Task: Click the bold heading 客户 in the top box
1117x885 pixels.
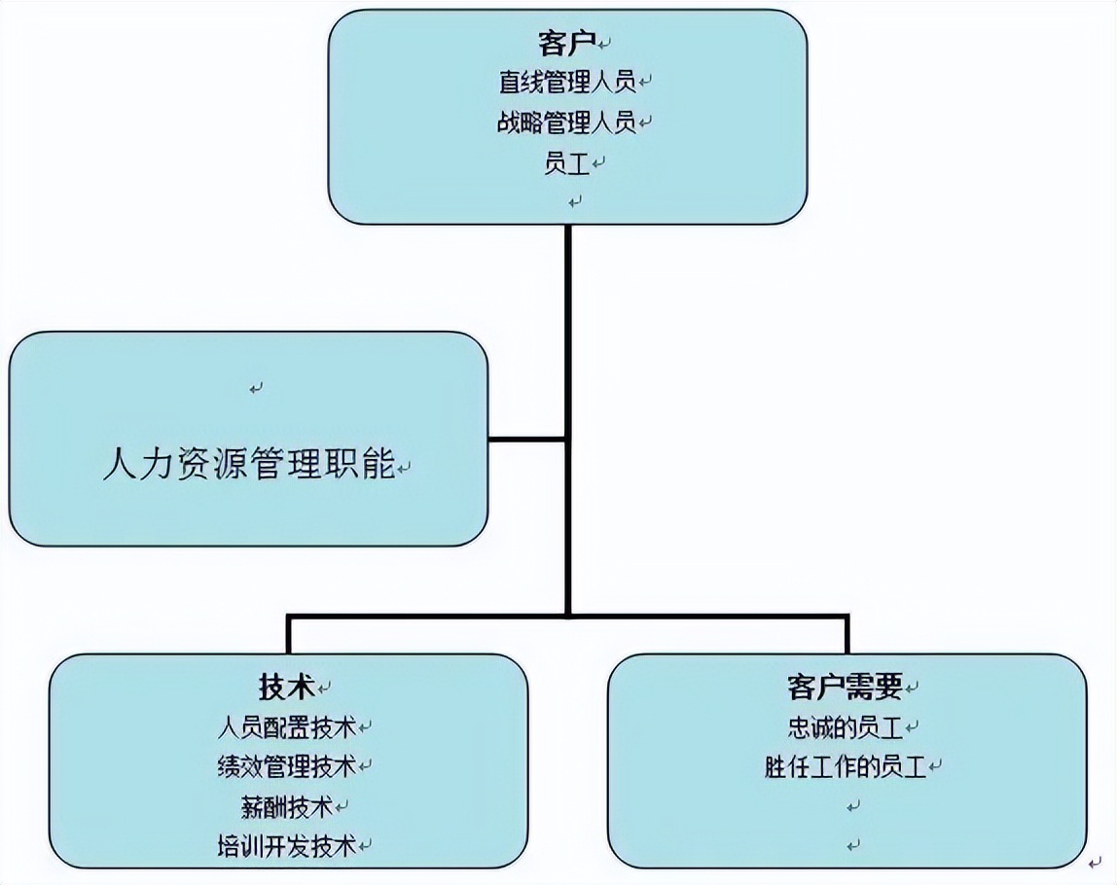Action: pos(565,43)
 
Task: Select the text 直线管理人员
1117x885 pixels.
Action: pos(566,82)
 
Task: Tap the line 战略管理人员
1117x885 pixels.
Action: pos(566,123)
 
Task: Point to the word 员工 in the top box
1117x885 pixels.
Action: pos(567,163)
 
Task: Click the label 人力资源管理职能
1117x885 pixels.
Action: pos(249,464)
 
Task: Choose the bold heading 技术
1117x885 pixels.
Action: pos(287,687)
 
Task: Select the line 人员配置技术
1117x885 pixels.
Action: pos(287,726)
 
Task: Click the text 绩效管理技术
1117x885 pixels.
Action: pos(287,766)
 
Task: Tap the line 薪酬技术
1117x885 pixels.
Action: pos(287,806)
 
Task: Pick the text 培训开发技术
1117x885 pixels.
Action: pos(287,846)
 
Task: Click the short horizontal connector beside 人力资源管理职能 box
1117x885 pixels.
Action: pos(527,439)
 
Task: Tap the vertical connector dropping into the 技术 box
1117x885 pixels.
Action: pos(288,634)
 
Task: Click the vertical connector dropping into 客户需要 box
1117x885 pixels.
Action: pos(847,634)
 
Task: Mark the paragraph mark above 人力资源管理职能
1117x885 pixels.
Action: pos(255,388)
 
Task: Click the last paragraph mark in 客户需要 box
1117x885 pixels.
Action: pos(853,844)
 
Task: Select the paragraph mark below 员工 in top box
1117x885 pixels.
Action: pos(575,201)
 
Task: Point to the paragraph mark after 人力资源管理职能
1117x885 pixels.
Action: pos(405,469)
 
